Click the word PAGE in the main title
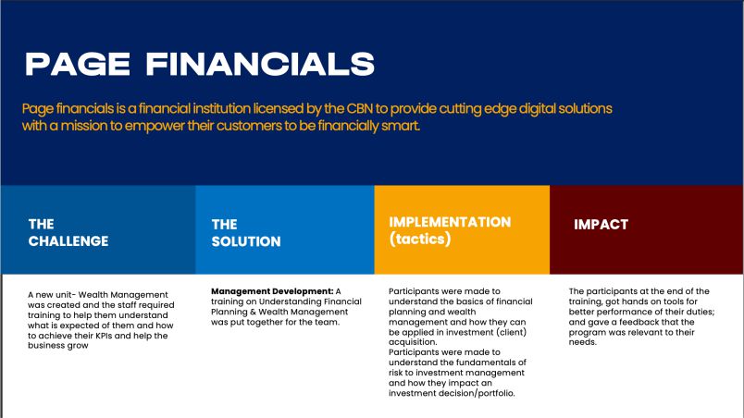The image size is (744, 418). coord(78,64)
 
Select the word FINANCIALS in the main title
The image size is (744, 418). coord(260,64)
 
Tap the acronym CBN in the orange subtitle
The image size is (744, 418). coord(360,108)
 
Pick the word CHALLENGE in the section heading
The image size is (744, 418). coord(68,241)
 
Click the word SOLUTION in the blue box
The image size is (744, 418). coord(246,241)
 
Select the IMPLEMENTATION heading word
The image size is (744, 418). coord(450,222)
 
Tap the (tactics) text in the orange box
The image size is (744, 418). coord(420,239)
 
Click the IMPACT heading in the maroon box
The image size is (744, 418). coord(601,224)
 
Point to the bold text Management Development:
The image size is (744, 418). coord(272,291)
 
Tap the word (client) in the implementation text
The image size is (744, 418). coord(512,332)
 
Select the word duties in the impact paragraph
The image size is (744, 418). coord(701,312)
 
